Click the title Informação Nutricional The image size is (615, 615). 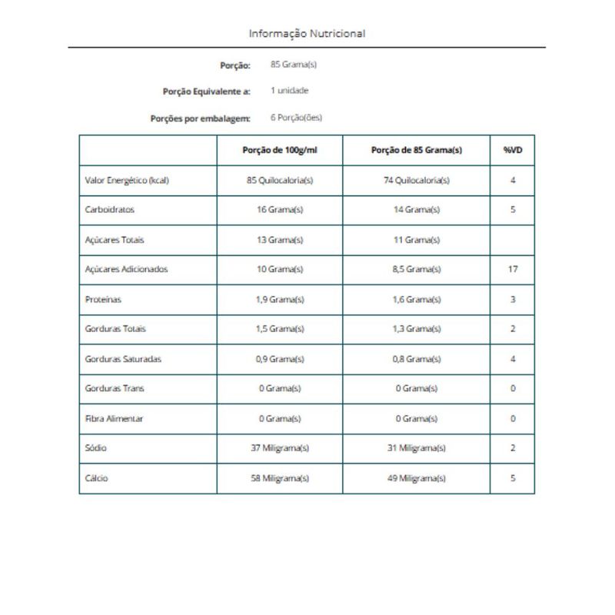pos(307,34)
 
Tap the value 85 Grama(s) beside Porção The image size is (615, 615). pos(294,65)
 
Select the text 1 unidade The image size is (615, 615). pos(290,91)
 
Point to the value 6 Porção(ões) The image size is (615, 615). pos(297,118)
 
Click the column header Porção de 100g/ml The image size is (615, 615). pos(280,151)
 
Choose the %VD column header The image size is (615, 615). pos(513,151)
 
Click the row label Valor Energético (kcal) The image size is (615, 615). pos(127,181)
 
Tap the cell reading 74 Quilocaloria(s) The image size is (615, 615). pos(417,181)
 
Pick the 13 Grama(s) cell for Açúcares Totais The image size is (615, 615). pos(280,240)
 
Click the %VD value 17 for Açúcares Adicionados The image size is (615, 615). pos(513,270)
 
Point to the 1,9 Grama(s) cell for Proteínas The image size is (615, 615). pos(280,300)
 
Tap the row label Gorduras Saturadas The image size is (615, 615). pos(123,359)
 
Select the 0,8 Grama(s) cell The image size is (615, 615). pos(417,359)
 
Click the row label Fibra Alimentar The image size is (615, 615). pos(114,419)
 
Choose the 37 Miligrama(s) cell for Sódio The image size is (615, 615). pos(280,448)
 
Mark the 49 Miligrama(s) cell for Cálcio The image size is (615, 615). pos(417,478)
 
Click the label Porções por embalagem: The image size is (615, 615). pos(200,118)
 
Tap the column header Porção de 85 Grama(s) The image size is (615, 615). pos(417,151)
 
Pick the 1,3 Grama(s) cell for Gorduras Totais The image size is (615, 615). pos(417,329)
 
